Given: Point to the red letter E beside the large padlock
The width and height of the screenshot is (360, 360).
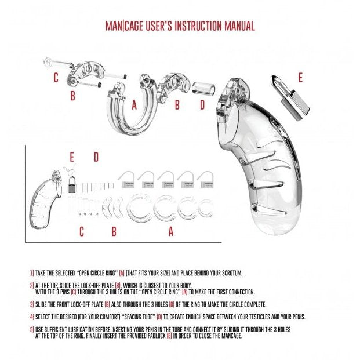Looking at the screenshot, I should point(300,77).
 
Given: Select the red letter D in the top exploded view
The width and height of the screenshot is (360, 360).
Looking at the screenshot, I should point(202,105).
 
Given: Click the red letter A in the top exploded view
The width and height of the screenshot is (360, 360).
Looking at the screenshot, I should point(134,105).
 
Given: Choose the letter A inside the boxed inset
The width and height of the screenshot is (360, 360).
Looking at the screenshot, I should point(170,231).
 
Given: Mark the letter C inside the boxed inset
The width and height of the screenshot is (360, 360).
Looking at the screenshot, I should point(82,231).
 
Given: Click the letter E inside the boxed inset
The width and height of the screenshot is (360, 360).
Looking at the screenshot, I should point(72,157).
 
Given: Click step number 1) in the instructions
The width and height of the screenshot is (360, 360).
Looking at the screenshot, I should point(32,272).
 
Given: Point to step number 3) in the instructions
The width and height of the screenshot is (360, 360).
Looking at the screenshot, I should point(32,304).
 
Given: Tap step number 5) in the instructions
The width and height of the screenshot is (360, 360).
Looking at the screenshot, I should point(32,329).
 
